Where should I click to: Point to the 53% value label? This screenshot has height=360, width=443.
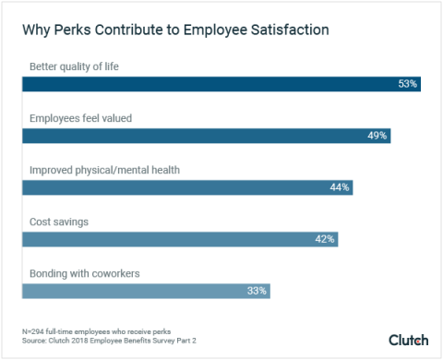click(x=408, y=84)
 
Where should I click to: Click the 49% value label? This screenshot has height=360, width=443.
click(x=377, y=136)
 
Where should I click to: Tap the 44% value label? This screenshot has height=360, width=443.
click(x=339, y=187)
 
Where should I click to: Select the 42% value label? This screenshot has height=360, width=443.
click(x=324, y=239)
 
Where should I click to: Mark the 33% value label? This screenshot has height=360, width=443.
click(x=257, y=291)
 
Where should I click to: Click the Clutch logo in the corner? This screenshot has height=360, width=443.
click(x=408, y=340)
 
